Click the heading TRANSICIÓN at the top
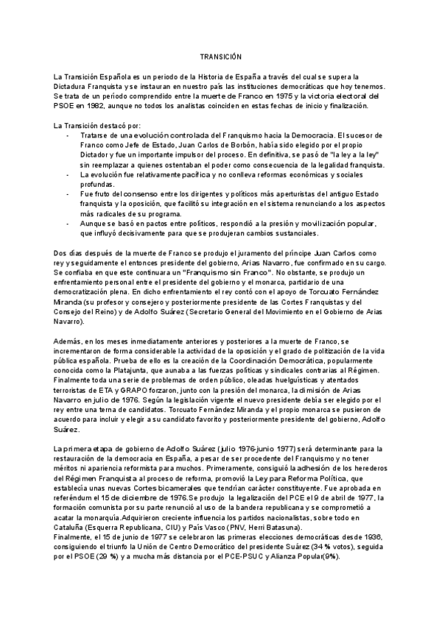coord(221,57)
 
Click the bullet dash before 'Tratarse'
coord(69,136)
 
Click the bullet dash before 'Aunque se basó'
coord(69,224)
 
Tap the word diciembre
coord(147,497)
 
